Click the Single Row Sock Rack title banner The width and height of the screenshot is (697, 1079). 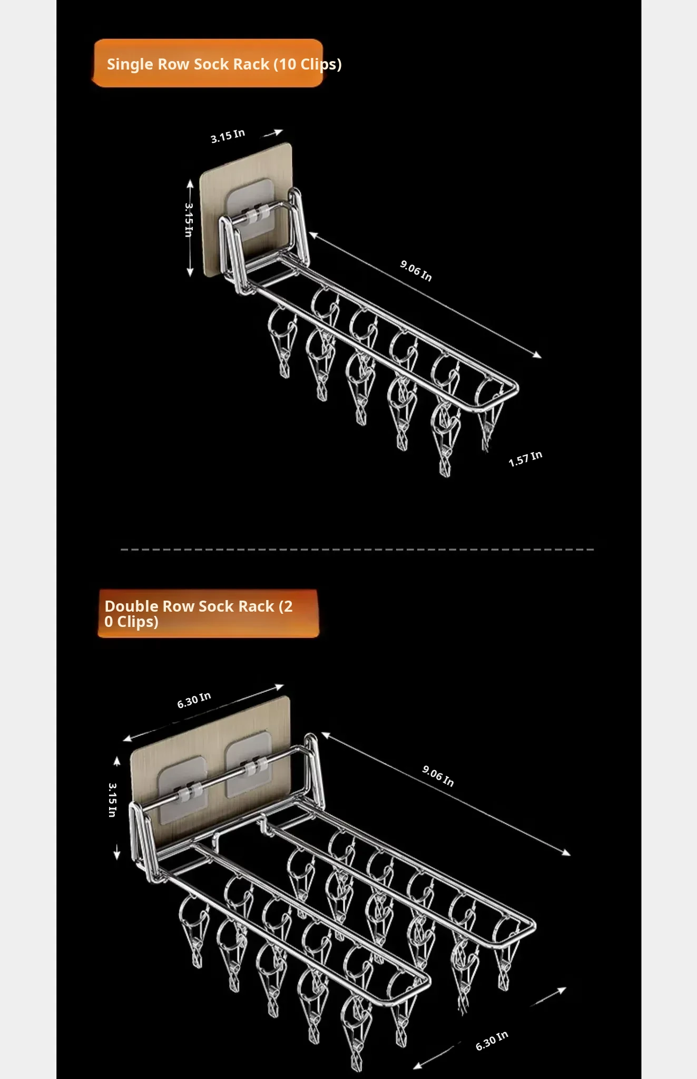pyautogui.click(x=208, y=63)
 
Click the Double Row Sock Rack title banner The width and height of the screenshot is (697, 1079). pyautogui.click(x=209, y=614)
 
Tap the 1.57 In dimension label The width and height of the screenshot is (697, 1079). pyautogui.click(x=525, y=459)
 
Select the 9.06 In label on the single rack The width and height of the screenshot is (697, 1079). pyautogui.click(x=416, y=271)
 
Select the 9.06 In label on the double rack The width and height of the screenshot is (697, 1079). pyautogui.click(x=438, y=776)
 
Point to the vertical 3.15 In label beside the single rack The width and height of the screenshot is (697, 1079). pyautogui.click(x=189, y=220)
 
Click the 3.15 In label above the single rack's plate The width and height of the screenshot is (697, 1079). pyautogui.click(x=228, y=136)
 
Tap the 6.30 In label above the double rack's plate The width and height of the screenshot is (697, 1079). pyautogui.click(x=194, y=700)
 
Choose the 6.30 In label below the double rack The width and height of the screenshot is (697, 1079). pyautogui.click(x=492, y=1041)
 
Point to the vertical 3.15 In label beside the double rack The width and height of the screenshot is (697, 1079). pyautogui.click(x=112, y=800)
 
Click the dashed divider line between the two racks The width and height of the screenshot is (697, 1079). pyautogui.click(x=357, y=550)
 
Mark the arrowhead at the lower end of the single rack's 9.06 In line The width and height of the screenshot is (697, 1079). pyautogui.click(x=537, y=355)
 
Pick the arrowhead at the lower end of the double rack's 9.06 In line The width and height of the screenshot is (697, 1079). pyautogui.click(x=565, y=852)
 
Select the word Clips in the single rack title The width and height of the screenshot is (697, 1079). pyautogui.click(x=319, y=64)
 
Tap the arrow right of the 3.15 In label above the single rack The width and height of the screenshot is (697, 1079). pyautogui.click(x=273, y=133)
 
